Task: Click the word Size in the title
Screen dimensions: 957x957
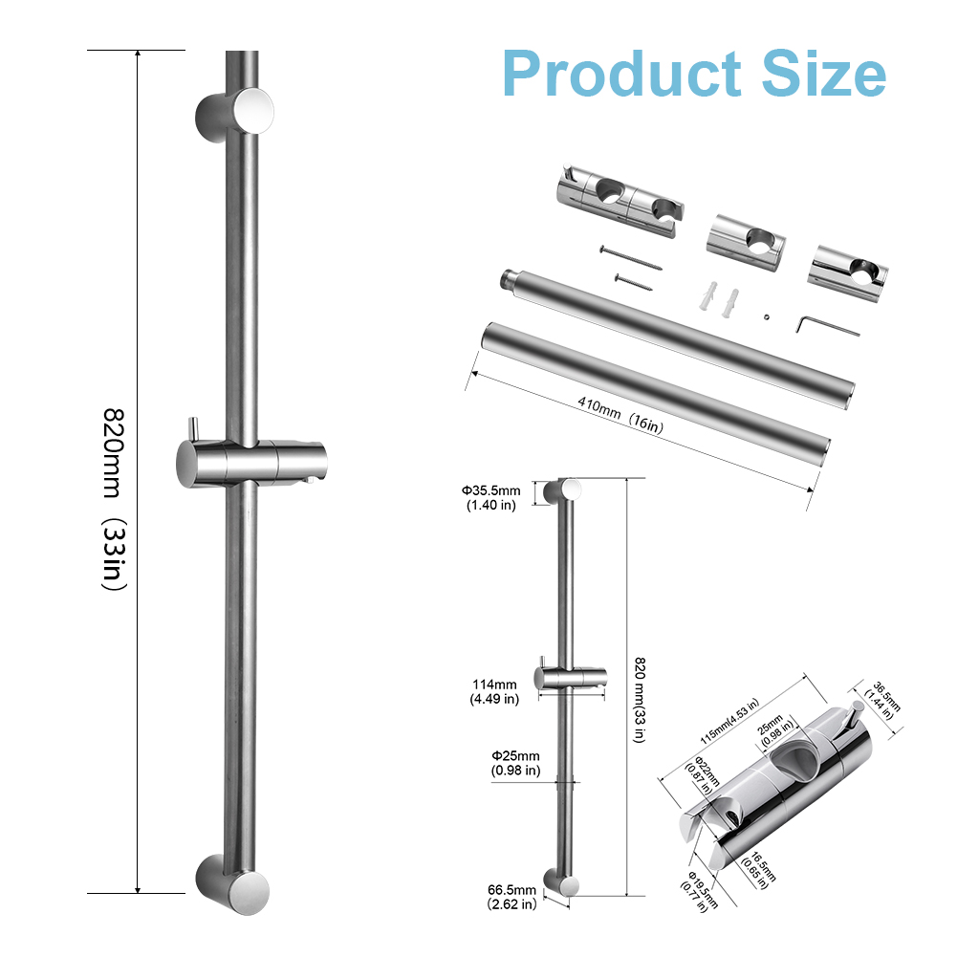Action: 823,73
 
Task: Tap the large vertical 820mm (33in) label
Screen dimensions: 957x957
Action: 114,499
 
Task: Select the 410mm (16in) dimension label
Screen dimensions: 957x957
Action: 620,415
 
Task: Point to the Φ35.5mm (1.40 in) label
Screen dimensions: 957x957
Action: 491,497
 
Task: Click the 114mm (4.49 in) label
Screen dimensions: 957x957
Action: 494,691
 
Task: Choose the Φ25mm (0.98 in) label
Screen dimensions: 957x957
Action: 515,763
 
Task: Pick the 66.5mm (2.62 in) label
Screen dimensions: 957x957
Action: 512,897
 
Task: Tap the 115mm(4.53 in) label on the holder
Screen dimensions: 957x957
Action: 729,721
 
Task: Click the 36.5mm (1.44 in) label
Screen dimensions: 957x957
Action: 881,701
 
